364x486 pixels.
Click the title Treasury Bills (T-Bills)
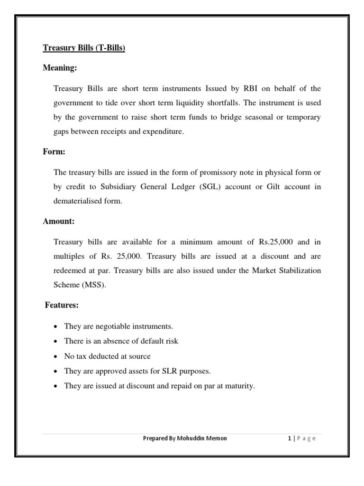click(84, 48)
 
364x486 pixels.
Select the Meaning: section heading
click(60, 68)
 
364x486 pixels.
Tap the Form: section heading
click(54, 153)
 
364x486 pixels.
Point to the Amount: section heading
click(59, 222)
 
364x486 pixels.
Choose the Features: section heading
click(62, 305)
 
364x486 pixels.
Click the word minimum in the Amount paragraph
click(200, 242)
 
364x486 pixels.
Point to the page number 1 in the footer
click(289, 438)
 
